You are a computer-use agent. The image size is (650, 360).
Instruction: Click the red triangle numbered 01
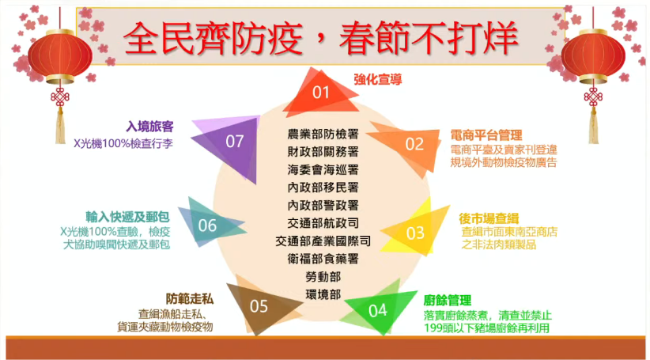(320, 93)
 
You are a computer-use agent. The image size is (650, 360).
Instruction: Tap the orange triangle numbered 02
(414, 144)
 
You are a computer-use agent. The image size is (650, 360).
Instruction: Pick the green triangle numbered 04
(377, 309)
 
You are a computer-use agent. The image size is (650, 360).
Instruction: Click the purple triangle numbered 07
(234, 142)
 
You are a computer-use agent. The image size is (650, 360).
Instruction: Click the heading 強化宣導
(377, 79)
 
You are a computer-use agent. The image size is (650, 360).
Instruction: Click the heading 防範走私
(189, 298)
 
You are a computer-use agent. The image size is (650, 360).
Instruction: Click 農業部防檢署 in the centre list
(323, 134)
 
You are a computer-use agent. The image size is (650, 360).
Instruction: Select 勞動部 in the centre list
(323, 276)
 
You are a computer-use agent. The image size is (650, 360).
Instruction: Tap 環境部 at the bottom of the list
(323, 294)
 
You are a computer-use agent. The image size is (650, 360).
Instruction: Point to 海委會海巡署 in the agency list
(323, 169)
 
